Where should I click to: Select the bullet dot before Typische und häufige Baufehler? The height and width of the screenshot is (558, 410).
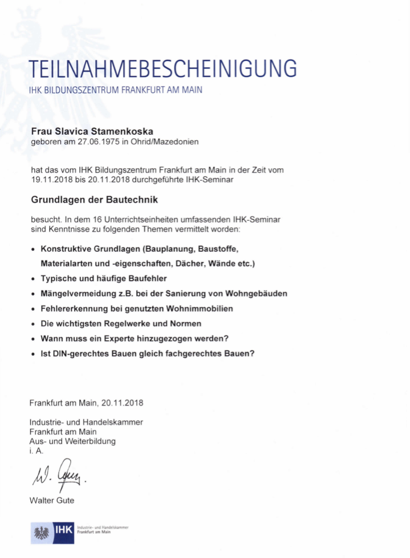(33, 279)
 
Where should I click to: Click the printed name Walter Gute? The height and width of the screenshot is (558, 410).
(52, 500)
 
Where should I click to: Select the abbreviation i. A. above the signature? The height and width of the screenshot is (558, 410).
(37, 451)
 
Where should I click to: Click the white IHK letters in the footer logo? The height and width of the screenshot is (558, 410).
(65, 531)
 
